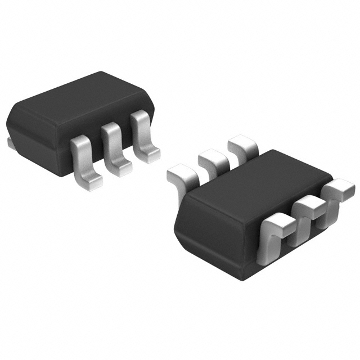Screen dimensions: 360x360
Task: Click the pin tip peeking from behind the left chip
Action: pyautogui.click(x=10, y=144)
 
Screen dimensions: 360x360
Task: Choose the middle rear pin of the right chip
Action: pyautogui.click(x=213, y=160)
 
